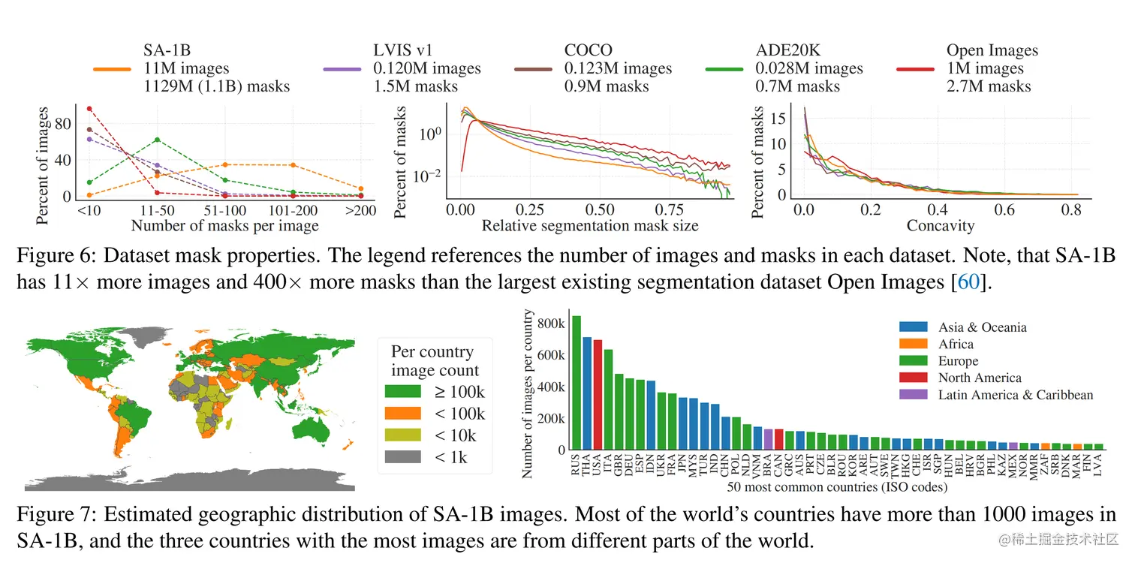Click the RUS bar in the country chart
click(576, 383)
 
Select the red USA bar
click(598, 395)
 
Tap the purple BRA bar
click(768, 439)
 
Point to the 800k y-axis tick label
click(551, 323)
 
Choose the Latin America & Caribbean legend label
click(1015, 395)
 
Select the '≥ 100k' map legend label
click(459, 392)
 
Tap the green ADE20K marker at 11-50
click(156, 140)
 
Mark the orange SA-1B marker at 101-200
click(293, 165)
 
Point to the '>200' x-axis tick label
click(361, 211)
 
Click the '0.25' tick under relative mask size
click(531, 211)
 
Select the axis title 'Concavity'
click(940, 226)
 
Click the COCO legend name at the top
click(589, 50)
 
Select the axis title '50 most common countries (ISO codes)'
click(837, 487)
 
